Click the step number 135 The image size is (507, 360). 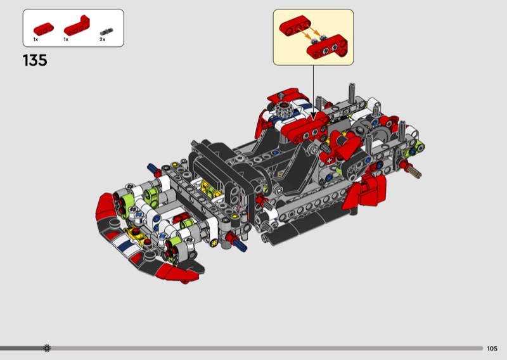tap(35, 60)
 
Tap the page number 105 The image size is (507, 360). tap(492, 349)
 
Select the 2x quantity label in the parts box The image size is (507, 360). tap(103, 39)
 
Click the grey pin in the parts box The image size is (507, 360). tap(106, 32)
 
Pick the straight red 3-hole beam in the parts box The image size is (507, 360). tap(43, 29)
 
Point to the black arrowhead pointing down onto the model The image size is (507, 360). tap(313, 117)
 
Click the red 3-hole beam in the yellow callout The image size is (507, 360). tap(295, 26)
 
